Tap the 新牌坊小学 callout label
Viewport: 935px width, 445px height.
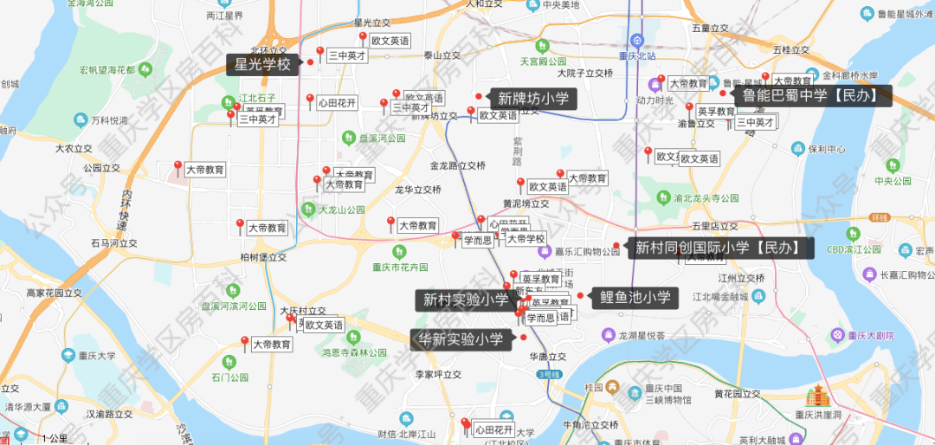[532, 99]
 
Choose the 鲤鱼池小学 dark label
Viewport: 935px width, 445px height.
[635, 298]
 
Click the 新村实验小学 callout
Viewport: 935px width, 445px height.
[465, 300]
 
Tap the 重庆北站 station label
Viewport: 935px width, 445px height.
[637, 56]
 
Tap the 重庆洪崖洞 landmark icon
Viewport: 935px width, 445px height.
[818, 397]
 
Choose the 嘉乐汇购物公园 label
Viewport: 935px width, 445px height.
[587, 252]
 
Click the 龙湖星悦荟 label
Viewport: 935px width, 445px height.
[641, 335]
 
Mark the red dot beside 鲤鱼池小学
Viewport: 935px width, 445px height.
[580, 297]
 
